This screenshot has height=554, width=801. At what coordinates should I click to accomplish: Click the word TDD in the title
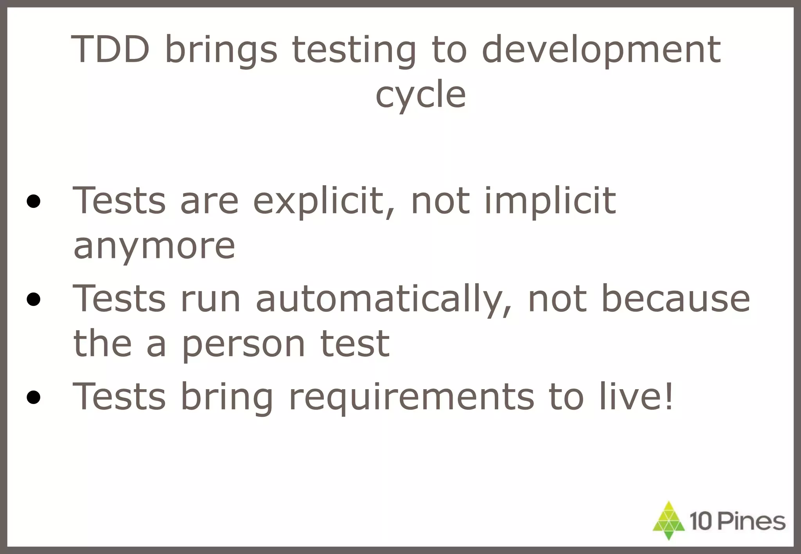click(111, 49)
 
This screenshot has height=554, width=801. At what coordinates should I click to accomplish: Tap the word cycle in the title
click(420, 95)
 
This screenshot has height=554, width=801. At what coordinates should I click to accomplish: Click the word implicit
click(550, 201)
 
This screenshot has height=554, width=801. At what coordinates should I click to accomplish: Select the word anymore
click(154, 247)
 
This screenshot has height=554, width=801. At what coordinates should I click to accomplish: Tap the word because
click(675, 299)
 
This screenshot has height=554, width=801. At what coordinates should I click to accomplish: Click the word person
click(244, 344)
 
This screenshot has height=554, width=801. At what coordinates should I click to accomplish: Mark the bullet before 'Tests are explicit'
click(34, 202)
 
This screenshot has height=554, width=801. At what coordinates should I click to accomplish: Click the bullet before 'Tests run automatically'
click(34, 300)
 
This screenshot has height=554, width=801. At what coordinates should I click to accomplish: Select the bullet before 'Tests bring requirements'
click(34, 398)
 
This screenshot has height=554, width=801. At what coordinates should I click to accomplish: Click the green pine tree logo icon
click(669, 521)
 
